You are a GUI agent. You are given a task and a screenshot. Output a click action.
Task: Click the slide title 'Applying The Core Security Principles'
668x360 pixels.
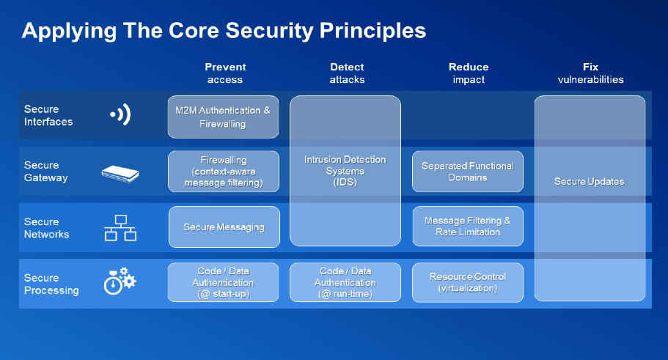(x=224, y=31)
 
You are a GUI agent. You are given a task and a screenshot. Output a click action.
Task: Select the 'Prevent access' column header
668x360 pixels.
(x=225, y=73)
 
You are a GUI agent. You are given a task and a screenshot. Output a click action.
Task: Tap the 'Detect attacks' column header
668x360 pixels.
(x=347, y=73)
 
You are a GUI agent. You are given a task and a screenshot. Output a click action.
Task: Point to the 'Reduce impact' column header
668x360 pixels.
(x=469, y=73)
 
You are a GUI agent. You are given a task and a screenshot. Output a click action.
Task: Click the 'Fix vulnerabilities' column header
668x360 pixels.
(x=590, y=73)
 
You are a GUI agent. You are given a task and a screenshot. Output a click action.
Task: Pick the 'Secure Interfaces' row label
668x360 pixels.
(x=48, y=115)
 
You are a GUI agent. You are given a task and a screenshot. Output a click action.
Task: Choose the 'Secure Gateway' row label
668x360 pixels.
(x=45, y=172)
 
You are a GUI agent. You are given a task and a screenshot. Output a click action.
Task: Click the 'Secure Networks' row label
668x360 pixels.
(x=46, y=228)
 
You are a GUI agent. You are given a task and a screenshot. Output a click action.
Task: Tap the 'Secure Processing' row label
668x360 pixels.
(x=51, y=284)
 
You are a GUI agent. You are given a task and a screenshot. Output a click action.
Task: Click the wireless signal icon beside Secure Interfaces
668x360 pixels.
(x=120, y=114)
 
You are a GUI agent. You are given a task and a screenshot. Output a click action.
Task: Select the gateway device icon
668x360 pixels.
(x=120, y=174)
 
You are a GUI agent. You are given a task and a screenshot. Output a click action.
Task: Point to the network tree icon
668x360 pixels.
(x=120, y=228)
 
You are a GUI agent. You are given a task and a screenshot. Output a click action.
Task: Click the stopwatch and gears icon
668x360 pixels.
(x=120, y=282)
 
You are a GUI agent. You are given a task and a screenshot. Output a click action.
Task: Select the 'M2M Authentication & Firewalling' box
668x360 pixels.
(x=223, y=117)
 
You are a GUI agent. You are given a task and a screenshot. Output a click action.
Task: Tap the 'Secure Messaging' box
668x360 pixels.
(x=224, y=227)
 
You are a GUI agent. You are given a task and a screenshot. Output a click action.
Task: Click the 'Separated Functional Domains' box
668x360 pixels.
(x=468, y=172)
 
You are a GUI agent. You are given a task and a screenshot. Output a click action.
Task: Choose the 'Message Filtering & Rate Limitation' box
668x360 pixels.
(x=468, y=227)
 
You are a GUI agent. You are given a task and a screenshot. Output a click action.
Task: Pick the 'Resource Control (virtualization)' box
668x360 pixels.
(x=468, y=282)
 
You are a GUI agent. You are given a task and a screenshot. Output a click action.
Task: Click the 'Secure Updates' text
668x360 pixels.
(x=590, y=182)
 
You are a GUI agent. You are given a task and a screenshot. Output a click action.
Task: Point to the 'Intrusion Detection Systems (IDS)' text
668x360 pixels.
(x=345, y=171)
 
